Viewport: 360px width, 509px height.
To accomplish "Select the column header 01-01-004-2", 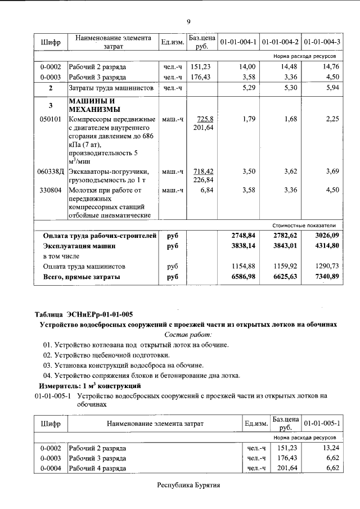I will tap(280, 42).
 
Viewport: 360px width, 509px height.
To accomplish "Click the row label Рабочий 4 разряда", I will tap(97, 468).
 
